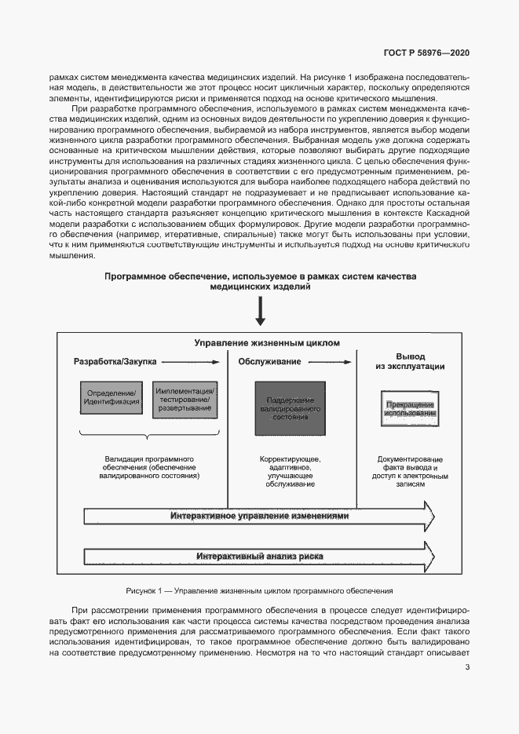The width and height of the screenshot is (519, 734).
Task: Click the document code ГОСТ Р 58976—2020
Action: (427, 53)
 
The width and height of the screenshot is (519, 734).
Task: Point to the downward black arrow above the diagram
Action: (260, 311)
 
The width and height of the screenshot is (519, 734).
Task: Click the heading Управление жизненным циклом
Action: (268, 343)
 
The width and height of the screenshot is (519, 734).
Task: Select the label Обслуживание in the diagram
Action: (269, 361)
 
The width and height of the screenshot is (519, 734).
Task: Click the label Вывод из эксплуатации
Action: (410, 360)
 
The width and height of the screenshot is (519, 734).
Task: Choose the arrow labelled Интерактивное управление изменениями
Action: (260, 517)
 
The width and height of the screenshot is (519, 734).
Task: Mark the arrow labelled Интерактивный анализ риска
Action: (260, 557)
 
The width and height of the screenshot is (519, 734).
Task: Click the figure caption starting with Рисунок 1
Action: (259, 590)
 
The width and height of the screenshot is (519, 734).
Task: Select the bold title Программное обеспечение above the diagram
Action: (260, 282)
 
